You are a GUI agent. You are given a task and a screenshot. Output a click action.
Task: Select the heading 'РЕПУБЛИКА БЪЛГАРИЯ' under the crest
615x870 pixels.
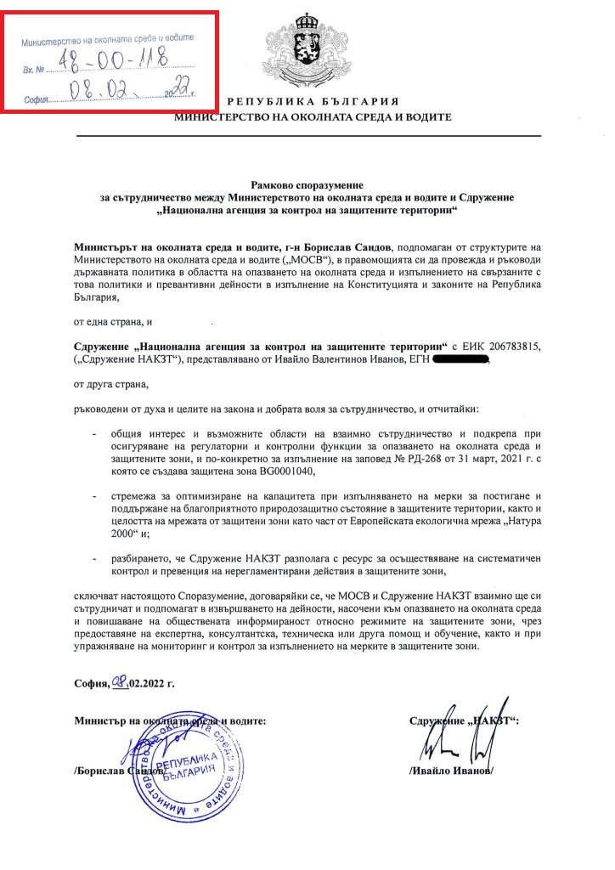point(308,99)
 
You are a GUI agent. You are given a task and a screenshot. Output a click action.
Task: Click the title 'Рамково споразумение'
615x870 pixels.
point(307,184)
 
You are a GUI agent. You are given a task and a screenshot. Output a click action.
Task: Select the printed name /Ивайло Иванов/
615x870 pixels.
point(450,771)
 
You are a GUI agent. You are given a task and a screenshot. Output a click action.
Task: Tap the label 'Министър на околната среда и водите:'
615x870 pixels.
point(171,720)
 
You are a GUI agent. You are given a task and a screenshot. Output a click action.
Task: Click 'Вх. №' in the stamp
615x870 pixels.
point(34,64)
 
